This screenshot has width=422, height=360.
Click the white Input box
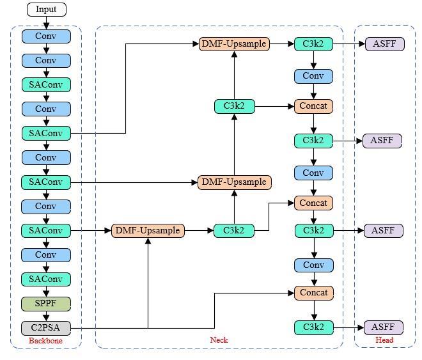coord(46,10)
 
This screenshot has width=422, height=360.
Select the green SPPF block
coord(46,304)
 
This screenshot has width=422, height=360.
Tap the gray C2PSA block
coord(46,328)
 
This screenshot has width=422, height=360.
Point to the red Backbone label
coord(46,341)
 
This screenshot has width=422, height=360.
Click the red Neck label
coord(219,340)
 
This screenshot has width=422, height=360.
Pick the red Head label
coord(384,340)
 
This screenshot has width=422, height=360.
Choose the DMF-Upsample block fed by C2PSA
coord(148,230)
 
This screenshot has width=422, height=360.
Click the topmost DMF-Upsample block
coord(234,44)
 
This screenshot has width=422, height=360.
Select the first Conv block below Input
coord(46,36)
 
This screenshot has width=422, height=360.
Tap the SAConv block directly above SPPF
coord(46,279)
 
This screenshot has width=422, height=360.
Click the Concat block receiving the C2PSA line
coord(313,293)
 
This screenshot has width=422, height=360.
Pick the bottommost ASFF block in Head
coord(384,327)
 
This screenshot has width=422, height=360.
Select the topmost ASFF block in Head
coord(385,44)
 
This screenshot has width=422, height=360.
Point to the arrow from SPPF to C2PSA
coord(46,316)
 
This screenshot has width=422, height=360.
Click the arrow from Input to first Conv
coord(46,23)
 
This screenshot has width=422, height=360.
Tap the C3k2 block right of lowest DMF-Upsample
coord(234,230)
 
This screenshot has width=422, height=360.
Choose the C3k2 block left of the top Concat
coord(234,106)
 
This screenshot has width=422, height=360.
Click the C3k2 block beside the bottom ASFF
coord(313,328)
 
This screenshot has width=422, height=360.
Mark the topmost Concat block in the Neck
coord(313,106)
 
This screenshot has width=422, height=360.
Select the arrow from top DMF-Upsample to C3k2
coord(281,44)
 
